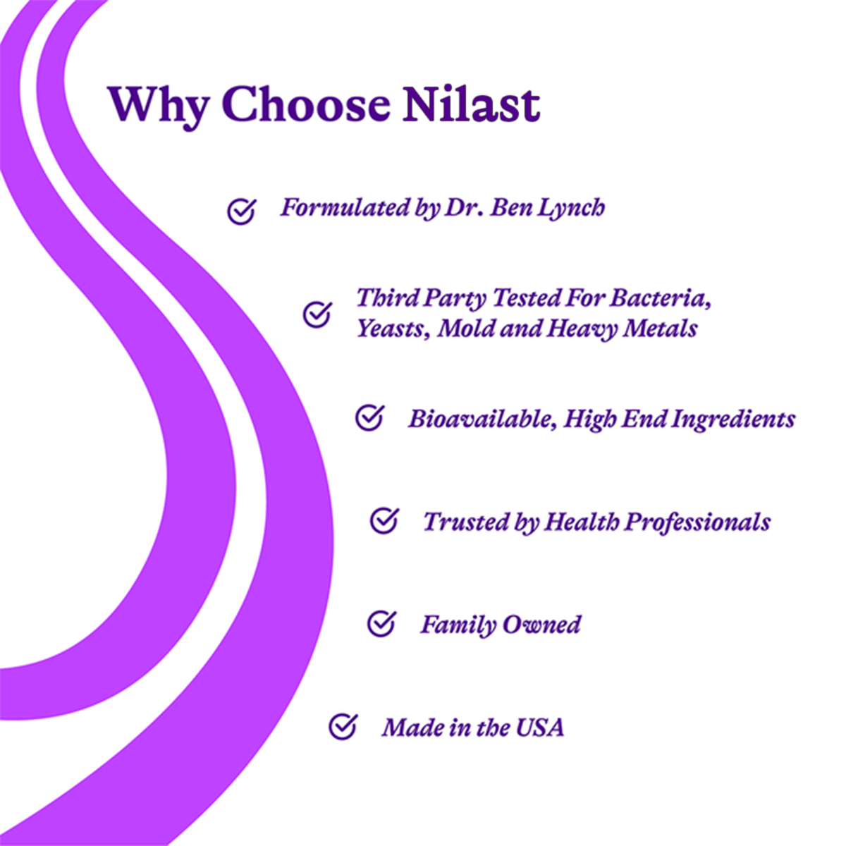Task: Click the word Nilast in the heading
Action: (x=471, y=104)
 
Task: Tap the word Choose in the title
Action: (x=305, y=104)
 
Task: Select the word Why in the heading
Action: (x=158, y=108)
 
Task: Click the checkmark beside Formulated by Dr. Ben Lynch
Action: (x=242, y=211)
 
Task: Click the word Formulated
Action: (x=345, y=208)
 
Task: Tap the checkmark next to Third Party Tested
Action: (x=317, y=314)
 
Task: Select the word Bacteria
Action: (x=660, y=298)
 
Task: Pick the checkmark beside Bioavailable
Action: (x=369, y=417)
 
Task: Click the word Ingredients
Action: (x=734, y=419)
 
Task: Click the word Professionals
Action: (x=698, y=522)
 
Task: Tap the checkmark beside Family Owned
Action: (x=381, y=623)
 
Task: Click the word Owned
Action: (x=541, y=625)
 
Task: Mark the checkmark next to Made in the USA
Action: (x=343, y=726)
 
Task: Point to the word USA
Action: (x=540, y=728)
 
